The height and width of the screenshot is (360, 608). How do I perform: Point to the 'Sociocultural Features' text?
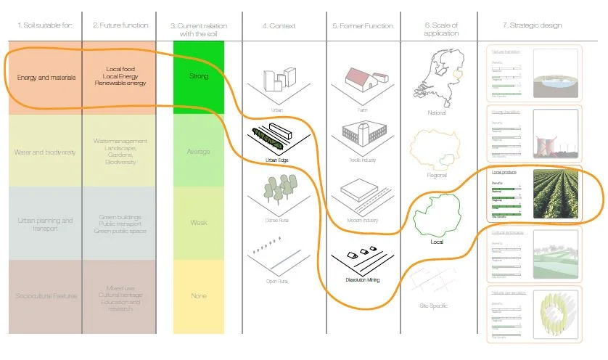tap(46, 295)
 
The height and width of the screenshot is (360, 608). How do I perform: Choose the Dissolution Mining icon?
tap(359, 258)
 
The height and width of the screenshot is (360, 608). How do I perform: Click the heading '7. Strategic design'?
tap(532, 26)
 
